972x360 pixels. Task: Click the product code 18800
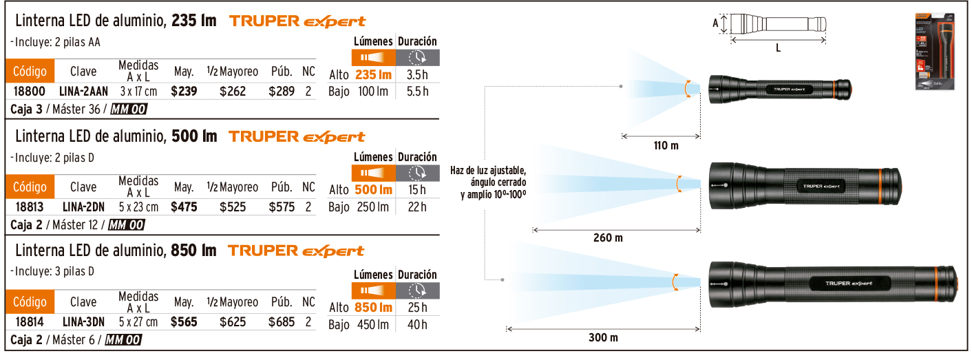tap(30, 91)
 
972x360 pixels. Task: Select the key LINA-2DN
tap(83, 207)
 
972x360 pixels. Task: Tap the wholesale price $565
tap(184, 322)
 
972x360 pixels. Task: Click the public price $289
tap(282, 91)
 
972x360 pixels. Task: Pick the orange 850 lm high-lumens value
tap(373, 308)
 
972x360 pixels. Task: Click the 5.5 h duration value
tap(417, 91)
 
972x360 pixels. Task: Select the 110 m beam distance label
tap(666, 146)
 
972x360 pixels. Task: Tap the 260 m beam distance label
tap(608, 238)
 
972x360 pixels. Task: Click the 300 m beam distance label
tap(603, 337)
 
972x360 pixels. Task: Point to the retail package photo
tap(935, 51)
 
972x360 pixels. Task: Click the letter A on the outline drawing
tap(716, 23)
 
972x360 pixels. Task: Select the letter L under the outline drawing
tap(778, 49)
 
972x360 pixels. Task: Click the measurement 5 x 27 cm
tap(138, 322)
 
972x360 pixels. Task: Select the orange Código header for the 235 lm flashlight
tap(30, 71)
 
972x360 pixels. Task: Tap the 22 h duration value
tap(417, 207)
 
